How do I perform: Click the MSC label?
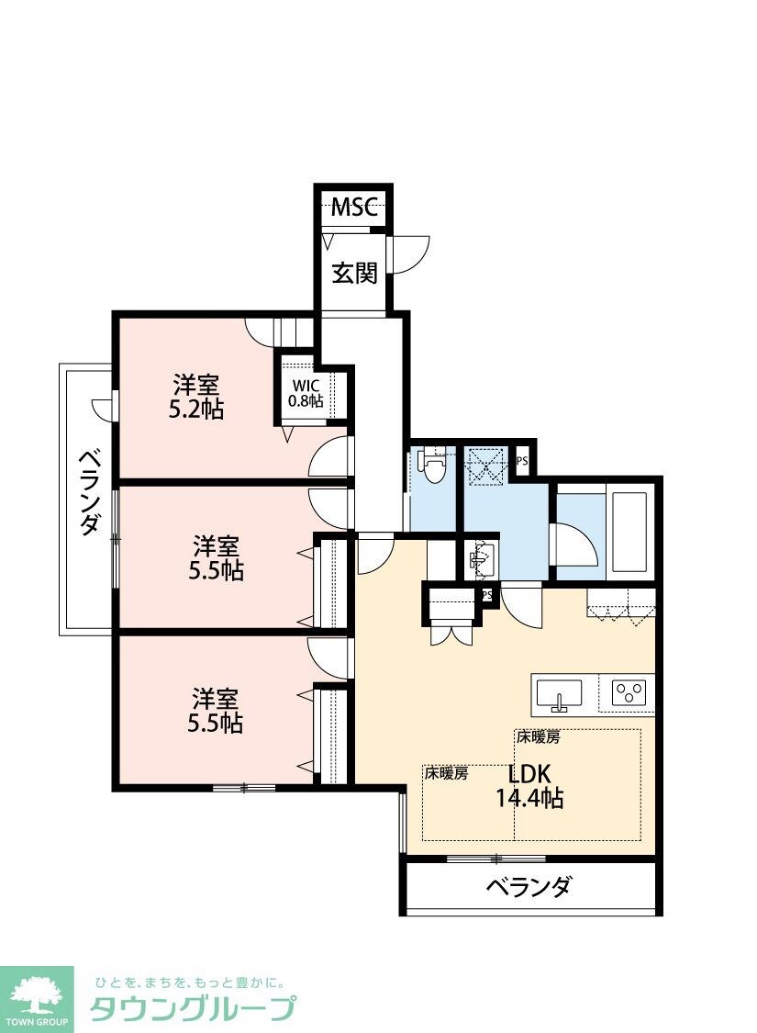353,207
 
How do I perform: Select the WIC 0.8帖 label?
306,393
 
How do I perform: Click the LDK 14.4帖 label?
529,785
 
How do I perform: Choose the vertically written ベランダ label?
89,491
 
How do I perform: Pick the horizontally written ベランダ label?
529,887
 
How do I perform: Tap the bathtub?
629,533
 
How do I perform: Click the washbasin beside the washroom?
482,556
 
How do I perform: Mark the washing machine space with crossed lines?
485,466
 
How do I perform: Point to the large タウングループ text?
193,1008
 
